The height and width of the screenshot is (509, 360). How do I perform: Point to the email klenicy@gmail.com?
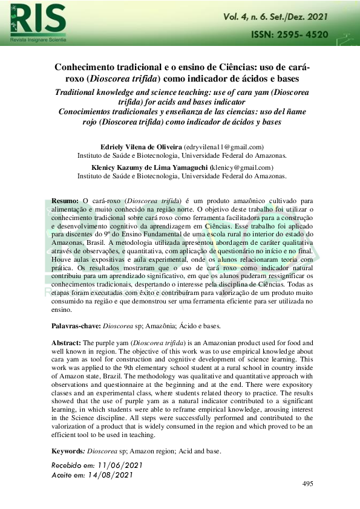coord(242,167)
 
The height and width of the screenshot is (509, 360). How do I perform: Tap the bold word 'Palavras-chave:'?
coord(76,326)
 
